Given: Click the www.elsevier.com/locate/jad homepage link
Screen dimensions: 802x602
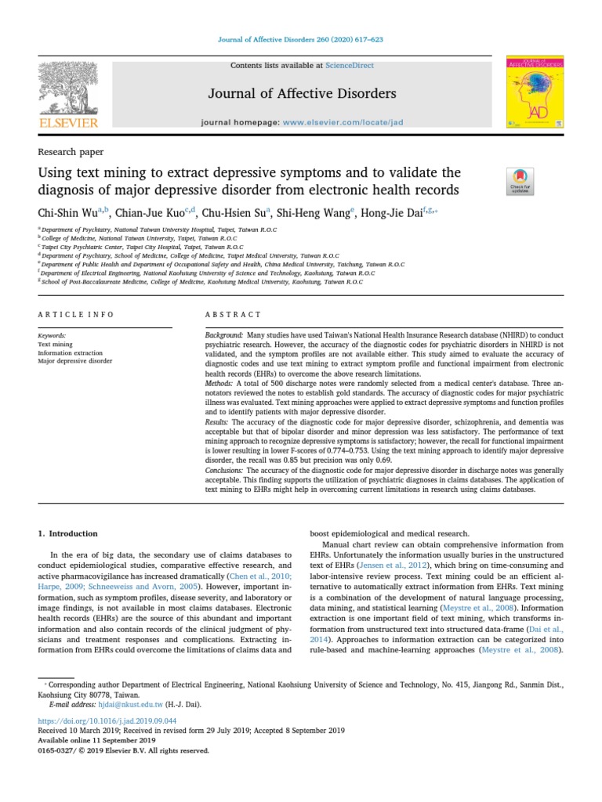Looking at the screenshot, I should [343, 123].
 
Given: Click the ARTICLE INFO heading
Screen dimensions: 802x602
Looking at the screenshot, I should [76, 314].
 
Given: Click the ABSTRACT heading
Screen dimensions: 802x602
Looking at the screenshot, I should [233, 314].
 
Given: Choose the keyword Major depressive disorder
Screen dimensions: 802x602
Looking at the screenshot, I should [75, 361].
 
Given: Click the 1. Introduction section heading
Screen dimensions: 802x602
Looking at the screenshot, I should [68, 533].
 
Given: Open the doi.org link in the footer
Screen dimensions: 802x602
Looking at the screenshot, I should [107, 721].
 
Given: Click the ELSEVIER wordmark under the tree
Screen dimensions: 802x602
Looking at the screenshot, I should [68, 124].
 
